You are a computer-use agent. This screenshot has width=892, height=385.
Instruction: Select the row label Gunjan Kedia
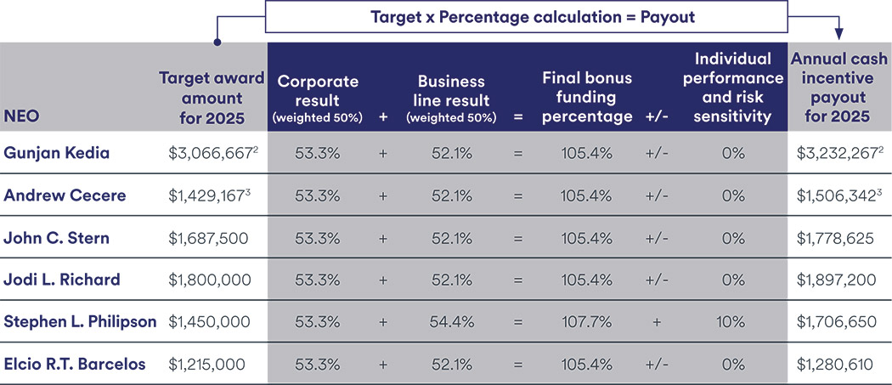(58, 154)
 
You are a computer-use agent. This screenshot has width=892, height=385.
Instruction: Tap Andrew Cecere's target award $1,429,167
(209, 195)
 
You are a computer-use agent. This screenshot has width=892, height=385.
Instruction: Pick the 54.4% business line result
(451, 322)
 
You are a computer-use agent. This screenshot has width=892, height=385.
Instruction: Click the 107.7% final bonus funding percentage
(585, 322)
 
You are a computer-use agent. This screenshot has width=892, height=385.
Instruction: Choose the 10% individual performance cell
(733, 322)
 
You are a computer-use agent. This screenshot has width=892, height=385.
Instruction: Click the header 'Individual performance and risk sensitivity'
(732, 88)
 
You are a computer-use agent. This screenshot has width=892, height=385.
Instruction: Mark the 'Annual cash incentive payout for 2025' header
(838, 88)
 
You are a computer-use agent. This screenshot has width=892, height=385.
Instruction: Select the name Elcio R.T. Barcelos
(75, 365)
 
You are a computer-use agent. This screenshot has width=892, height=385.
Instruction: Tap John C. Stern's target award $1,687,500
(209, 238)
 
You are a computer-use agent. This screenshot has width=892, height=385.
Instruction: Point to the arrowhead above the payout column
(838, 33)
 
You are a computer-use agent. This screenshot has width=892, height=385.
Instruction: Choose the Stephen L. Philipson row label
(81, 322)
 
